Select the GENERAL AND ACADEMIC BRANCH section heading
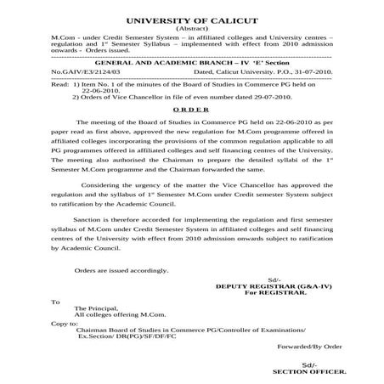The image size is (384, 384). click(190, 64)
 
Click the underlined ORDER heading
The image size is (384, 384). click(191, 110)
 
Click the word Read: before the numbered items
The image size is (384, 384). click(59, 86)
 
